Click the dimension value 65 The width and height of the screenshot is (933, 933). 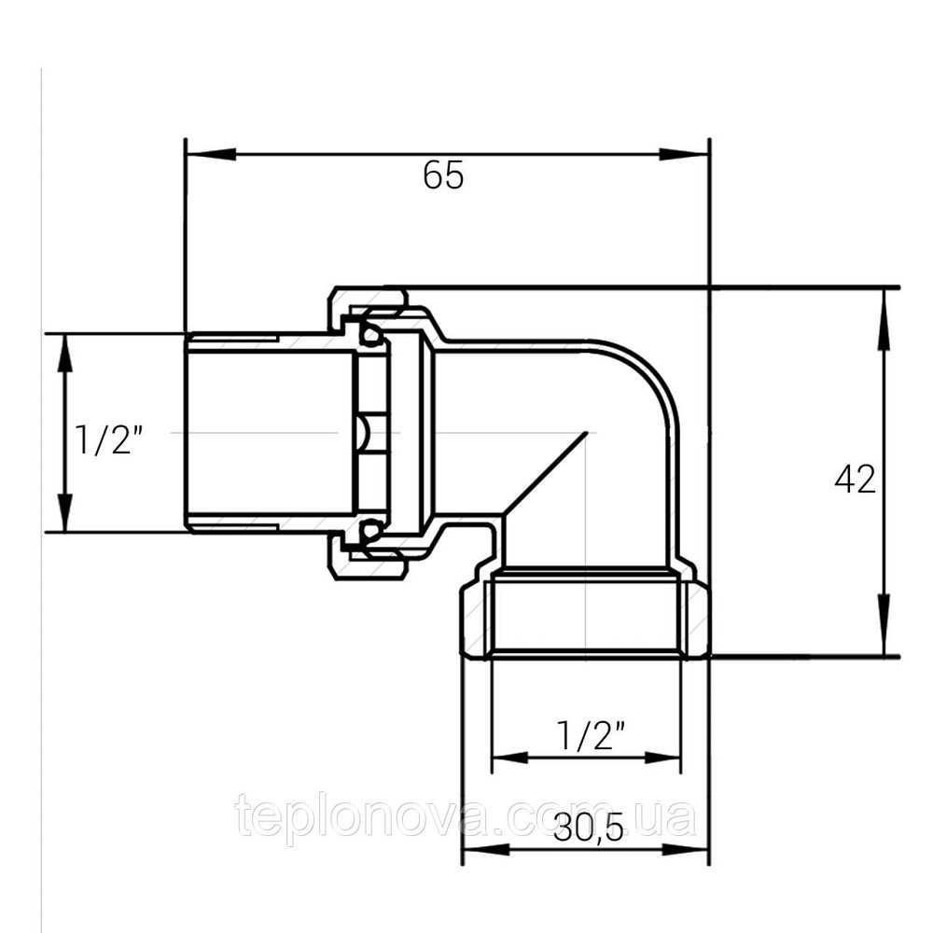443,176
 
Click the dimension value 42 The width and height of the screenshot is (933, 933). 855,479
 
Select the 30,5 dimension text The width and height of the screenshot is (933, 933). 589,828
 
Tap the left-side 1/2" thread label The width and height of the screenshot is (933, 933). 109,440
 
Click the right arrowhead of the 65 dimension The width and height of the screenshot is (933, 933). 684,154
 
